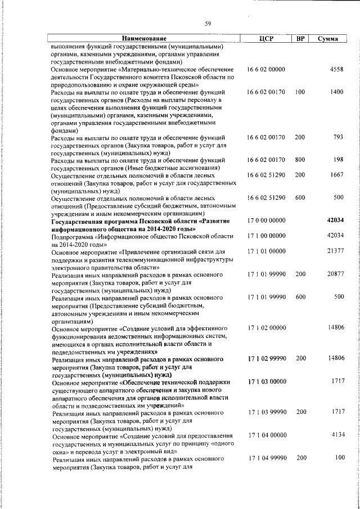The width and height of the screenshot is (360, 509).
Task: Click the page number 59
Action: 208,23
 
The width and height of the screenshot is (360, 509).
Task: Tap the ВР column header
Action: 300,39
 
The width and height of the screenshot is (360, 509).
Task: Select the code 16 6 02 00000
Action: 266,69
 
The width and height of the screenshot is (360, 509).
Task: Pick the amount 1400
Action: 336,92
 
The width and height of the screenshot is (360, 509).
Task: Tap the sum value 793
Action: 338,137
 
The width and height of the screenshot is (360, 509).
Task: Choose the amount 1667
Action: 336,175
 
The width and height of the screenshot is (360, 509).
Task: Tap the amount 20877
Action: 335,273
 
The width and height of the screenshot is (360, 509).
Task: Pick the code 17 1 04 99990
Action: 266,458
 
